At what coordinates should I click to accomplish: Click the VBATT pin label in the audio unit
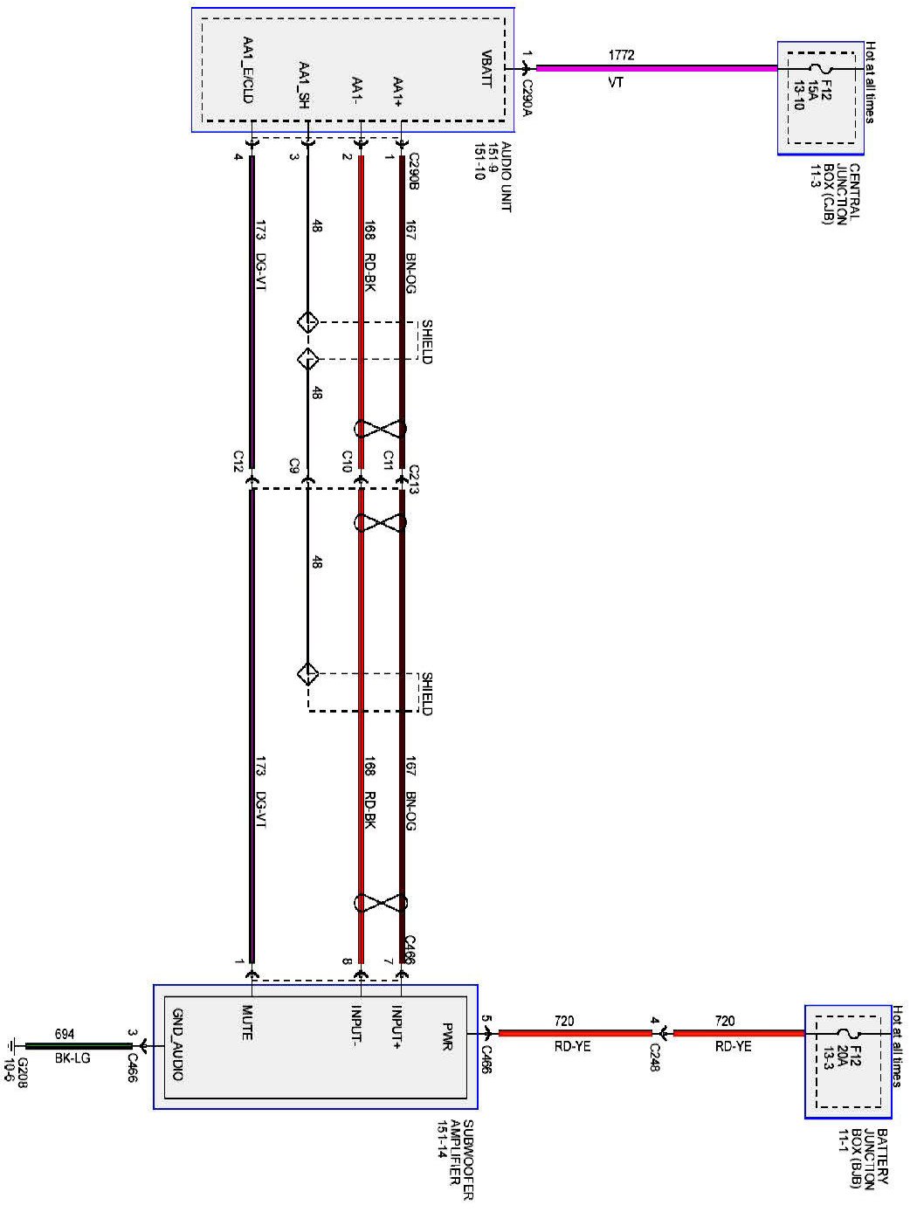coord(487,67)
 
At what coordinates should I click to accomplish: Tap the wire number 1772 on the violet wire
coord(622,55)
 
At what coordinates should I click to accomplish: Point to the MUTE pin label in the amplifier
coord(247,1023)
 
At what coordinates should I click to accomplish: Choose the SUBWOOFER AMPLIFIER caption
coord(456,1159)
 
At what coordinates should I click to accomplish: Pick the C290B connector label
coord(414,170)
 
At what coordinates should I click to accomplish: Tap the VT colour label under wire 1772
coord(616,83)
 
